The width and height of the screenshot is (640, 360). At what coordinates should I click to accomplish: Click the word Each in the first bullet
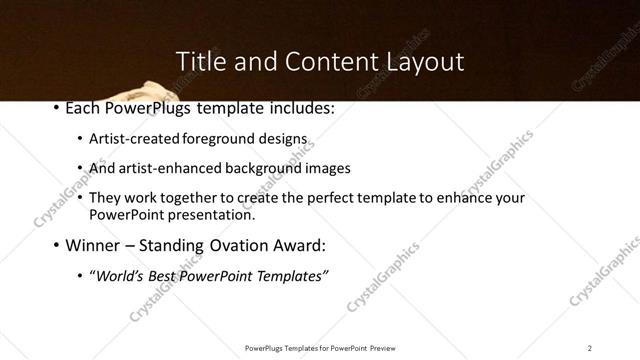tap(82, 107)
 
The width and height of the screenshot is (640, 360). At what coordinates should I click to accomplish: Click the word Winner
tap(93, 245)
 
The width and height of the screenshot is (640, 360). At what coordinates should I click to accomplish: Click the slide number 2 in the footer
tap(589, 347)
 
